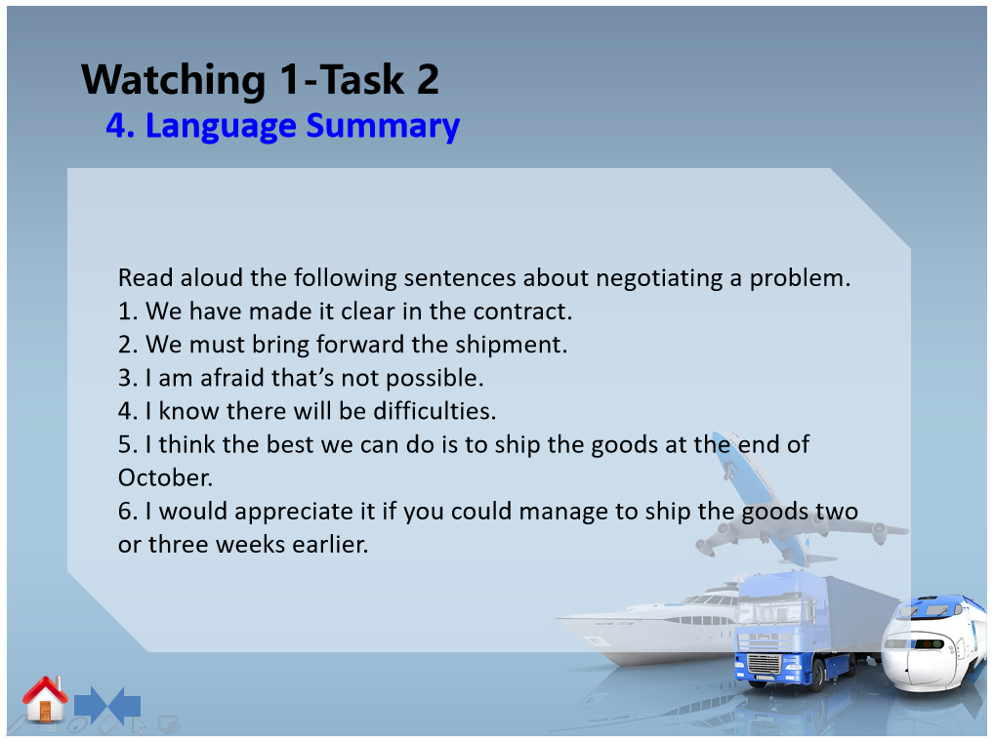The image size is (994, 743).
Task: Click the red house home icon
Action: coord(44,699)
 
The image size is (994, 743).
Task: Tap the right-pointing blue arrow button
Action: coord(90,704)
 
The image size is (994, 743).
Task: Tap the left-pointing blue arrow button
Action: coord(125,704)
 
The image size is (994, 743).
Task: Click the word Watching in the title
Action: coord(173,80)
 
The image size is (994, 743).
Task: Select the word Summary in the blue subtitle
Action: coord(383,126)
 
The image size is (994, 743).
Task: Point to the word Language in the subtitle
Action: coord(221,126)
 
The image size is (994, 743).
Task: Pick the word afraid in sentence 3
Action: coord(232,378)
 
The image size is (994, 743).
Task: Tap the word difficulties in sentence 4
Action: coord(435,411)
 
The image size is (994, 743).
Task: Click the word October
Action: coord(165,477)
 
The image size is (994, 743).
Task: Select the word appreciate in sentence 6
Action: coord(305,512)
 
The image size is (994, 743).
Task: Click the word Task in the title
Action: coord(361,80)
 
